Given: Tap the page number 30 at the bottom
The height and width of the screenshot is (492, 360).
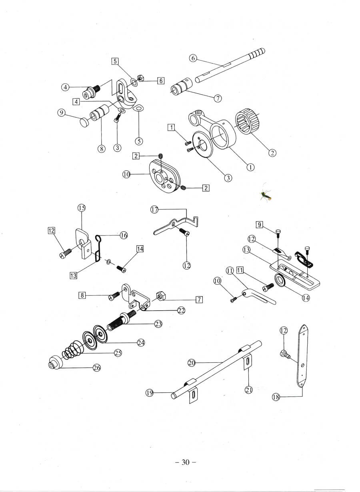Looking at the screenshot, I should [185, 462].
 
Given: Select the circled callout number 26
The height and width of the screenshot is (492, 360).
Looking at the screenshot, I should [96, 368].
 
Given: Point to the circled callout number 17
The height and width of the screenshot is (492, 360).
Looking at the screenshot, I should [154, 209].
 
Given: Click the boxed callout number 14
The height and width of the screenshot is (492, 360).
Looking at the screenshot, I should [140, 249].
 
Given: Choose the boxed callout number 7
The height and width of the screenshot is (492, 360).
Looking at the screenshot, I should [199, 299].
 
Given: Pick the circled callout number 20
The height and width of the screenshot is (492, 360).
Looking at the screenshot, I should [191, 363].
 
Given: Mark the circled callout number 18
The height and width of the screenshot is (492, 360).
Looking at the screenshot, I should [276, 397].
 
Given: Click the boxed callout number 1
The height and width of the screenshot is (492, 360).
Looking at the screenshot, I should [171, 128].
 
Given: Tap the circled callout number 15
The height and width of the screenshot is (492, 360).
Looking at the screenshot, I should [81, 208].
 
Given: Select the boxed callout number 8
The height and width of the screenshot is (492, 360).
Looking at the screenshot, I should [82, 295].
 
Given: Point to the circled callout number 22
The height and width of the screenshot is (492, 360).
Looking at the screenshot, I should [181, 310].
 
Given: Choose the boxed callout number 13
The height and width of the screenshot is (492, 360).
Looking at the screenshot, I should [73, 276].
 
